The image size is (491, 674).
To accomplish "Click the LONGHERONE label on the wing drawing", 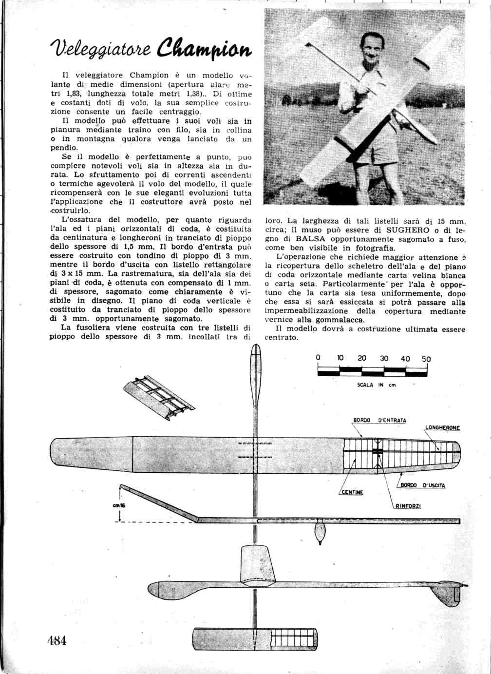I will click(443, 428).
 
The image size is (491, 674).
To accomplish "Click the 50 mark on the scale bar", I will click(426, 359).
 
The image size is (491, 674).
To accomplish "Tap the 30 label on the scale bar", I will click(384, 358).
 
